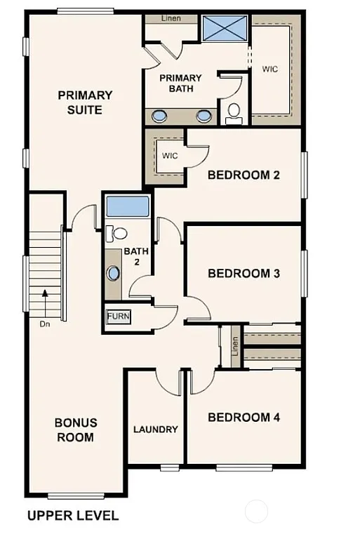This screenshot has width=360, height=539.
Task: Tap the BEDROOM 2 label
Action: pyautogui.click(x=244, y=175)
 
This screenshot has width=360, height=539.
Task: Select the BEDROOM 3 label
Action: pyautogui.click(x=244, y=273)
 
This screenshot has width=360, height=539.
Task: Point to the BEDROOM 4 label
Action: pyautogui.click(x=244, y=418)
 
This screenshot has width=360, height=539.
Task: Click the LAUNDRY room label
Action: pyautogui.click(x=155, y=430)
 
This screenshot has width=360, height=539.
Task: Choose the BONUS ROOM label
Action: pyautogui.click(x=76, y=430)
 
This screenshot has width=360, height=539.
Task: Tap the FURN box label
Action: pyautogui.click(x=118, y=317)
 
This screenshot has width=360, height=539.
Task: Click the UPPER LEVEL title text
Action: pyautogui.click(x=73, y=516)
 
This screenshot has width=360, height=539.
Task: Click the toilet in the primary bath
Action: pyautogui.click(x=234, y=112)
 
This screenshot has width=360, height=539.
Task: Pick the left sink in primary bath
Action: pyautogui.click(x=160, y=116)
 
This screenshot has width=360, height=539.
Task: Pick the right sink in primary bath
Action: pyautogui.click(x=204, y=116)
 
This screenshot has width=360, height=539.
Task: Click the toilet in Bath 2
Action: pyautogui.click(x=119, y=233)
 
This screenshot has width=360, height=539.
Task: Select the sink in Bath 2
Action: pyautogui.click(x=114, y=272)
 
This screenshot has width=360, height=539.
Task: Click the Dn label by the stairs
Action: pyautogui.click(x=45, y=324)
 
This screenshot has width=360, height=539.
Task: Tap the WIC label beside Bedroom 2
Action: pyautogui.click(x=170, y=154)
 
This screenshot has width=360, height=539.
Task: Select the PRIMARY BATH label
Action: pyautogui.click(x=180, y=84)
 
